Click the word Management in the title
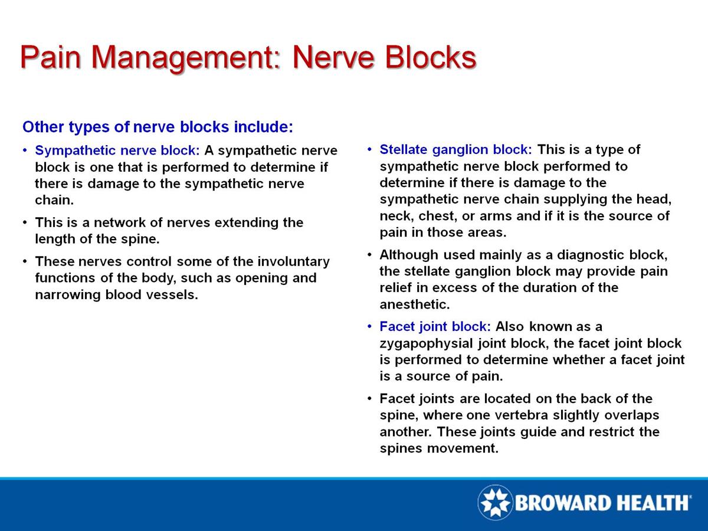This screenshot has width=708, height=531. coord(180,57)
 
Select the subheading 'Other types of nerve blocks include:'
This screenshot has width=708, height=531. coord(158,127)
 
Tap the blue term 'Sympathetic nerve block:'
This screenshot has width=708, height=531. coord(118,150)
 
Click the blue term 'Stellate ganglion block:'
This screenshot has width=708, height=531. coord(456,149)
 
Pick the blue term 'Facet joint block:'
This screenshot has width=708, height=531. coord(435,326)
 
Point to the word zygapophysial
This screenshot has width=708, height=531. coord(422,343)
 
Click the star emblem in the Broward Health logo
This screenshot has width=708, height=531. coord(495,503)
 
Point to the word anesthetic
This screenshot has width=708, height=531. coord(414,305)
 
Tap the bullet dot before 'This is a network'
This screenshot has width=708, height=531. coord(24,223)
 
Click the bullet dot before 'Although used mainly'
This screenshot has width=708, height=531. coord(369,255)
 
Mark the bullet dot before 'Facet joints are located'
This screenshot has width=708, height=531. coord(369,398)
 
